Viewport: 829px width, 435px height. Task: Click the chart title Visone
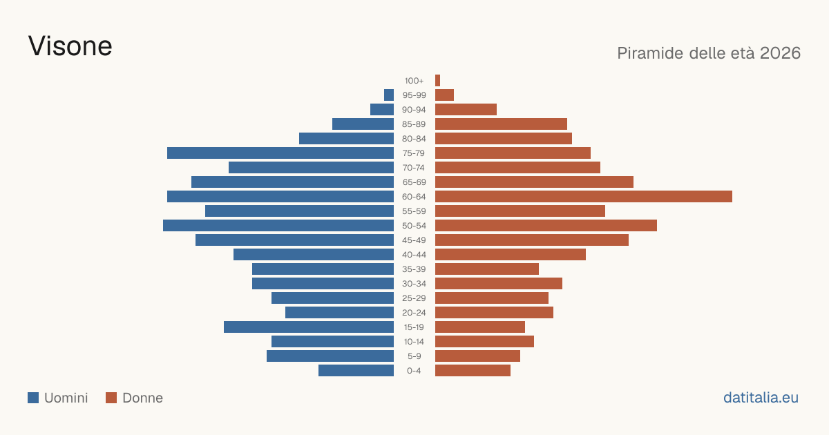pos(70,46)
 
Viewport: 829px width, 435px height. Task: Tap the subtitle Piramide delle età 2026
pos(709,53)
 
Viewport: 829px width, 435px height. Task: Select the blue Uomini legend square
pos(33,398)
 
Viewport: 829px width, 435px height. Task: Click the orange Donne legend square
pos(111,398)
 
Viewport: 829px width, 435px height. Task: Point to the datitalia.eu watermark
pos(761,398)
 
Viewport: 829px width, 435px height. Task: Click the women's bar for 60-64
pos(584,196)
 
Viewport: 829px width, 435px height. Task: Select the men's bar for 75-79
pos(280,153)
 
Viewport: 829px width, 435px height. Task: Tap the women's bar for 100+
pos(437,81)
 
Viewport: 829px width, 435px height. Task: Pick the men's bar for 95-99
pos(389,95)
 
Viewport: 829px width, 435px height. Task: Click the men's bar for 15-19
pos(309,327)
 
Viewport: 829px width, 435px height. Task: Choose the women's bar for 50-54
pos(546,226)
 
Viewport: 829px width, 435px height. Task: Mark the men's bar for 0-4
pos(356,371)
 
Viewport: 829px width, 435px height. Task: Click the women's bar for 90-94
pos(466,110)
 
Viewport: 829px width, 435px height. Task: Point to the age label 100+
pos(414,81)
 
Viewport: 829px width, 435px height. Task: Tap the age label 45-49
pos(414,240)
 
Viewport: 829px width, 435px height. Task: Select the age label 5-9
pos(414,356)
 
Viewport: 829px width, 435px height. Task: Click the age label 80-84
pos(414,139)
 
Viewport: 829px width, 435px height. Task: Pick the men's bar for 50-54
pos(278,226)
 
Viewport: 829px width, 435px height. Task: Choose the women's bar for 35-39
pos(487,269)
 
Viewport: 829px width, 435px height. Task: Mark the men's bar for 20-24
pos(339,313)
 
